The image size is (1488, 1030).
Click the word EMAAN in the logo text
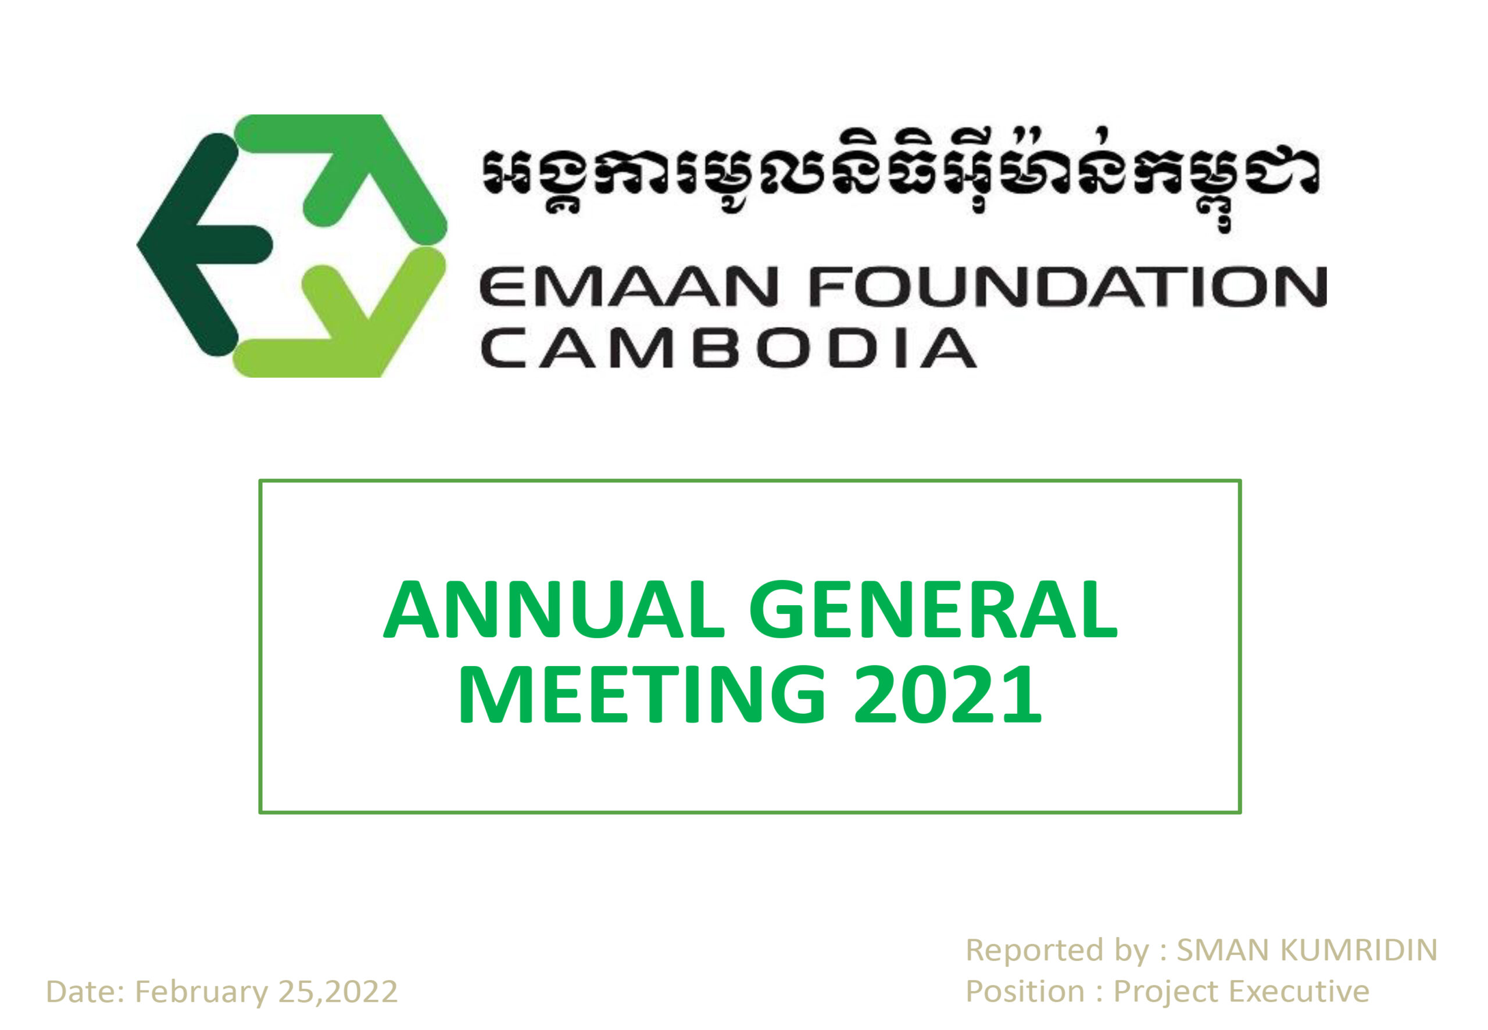(x=627, y=288)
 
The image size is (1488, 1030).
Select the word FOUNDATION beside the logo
(x=1068, y=287)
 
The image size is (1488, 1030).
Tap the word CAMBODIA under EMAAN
(x=727, y=349)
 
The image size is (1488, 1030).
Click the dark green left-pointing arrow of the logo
(x=194, y=245)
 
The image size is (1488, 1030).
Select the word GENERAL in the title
(x=933, y=610)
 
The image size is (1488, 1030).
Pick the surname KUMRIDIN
(x=1358, y=950)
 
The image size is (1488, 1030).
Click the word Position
(x=1025, y=992)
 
